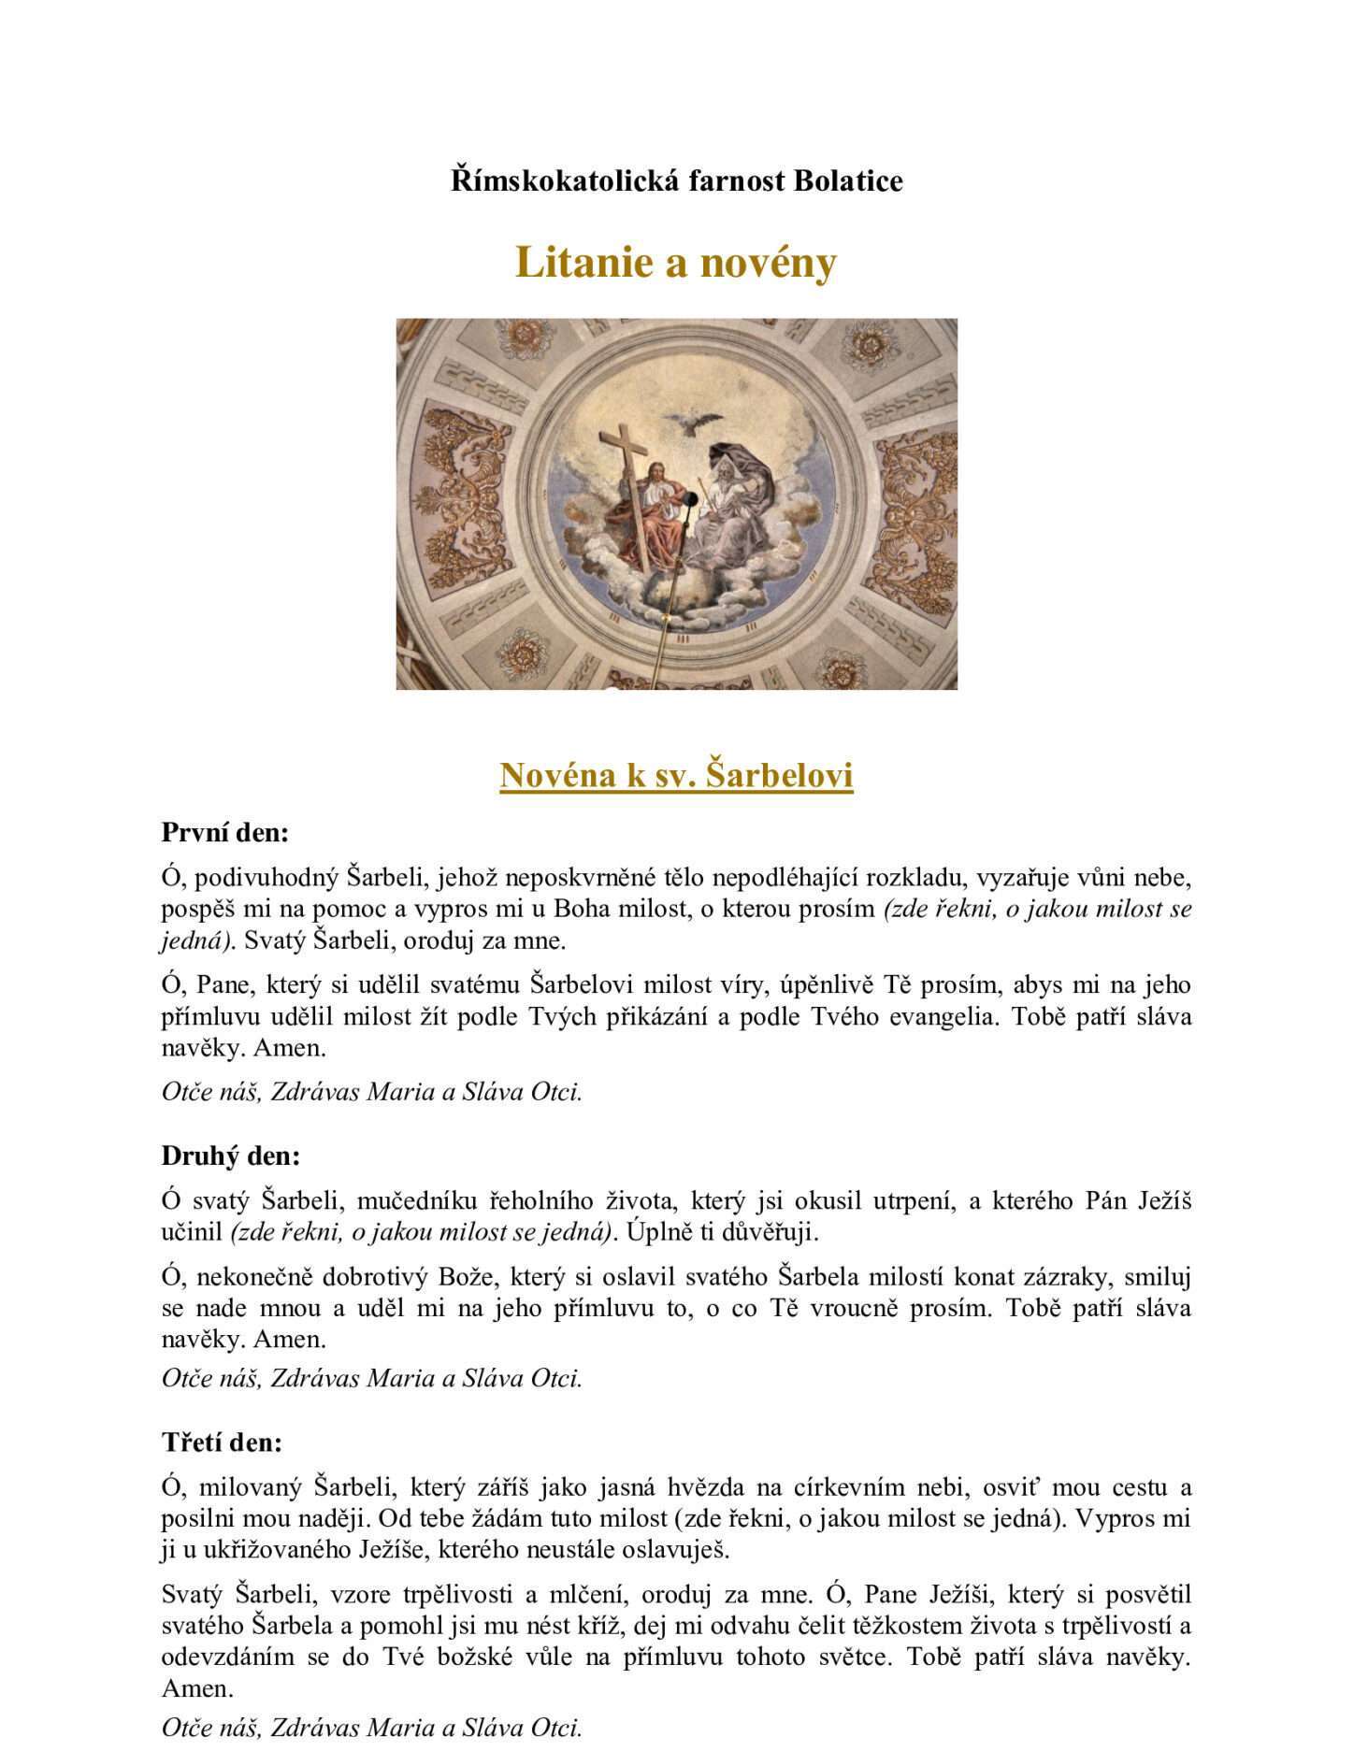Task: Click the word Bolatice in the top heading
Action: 848,180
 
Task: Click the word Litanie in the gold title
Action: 582,263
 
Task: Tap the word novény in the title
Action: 776,263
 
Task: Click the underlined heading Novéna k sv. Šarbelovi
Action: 676,775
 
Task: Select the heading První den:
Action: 225,832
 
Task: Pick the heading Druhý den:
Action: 231,1155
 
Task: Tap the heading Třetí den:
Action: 222,1442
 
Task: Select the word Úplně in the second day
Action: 655,1232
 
